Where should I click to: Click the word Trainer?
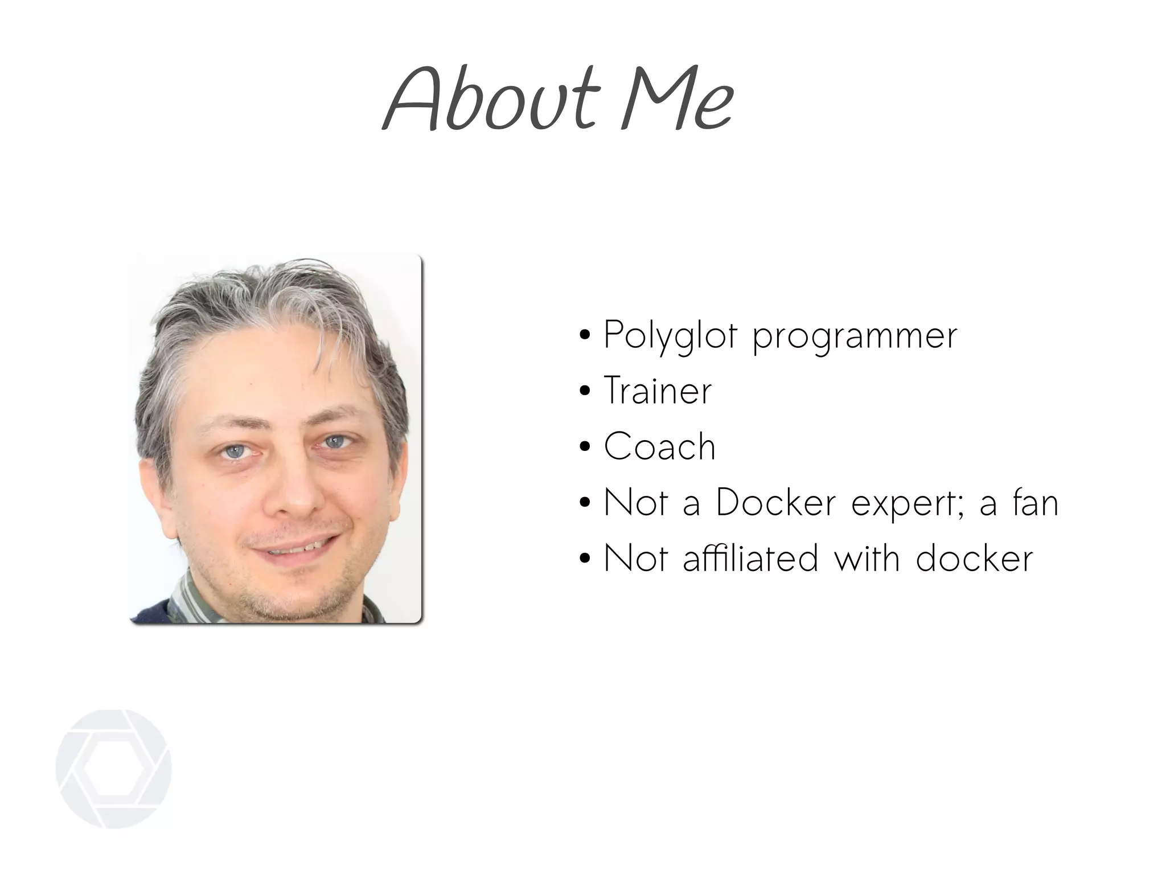(x=658, y=391)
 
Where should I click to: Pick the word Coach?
(x=659, y=446)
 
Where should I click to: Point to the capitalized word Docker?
(x=775, y=502)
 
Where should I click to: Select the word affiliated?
(x=750, y=558)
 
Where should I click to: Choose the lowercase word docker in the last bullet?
(x=974, y=558)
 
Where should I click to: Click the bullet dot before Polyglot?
(x=584, y=336)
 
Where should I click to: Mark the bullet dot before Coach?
(x=584, y=448)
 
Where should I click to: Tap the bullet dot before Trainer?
(x=584, y=392)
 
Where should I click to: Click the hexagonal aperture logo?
(x=113, y=768)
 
